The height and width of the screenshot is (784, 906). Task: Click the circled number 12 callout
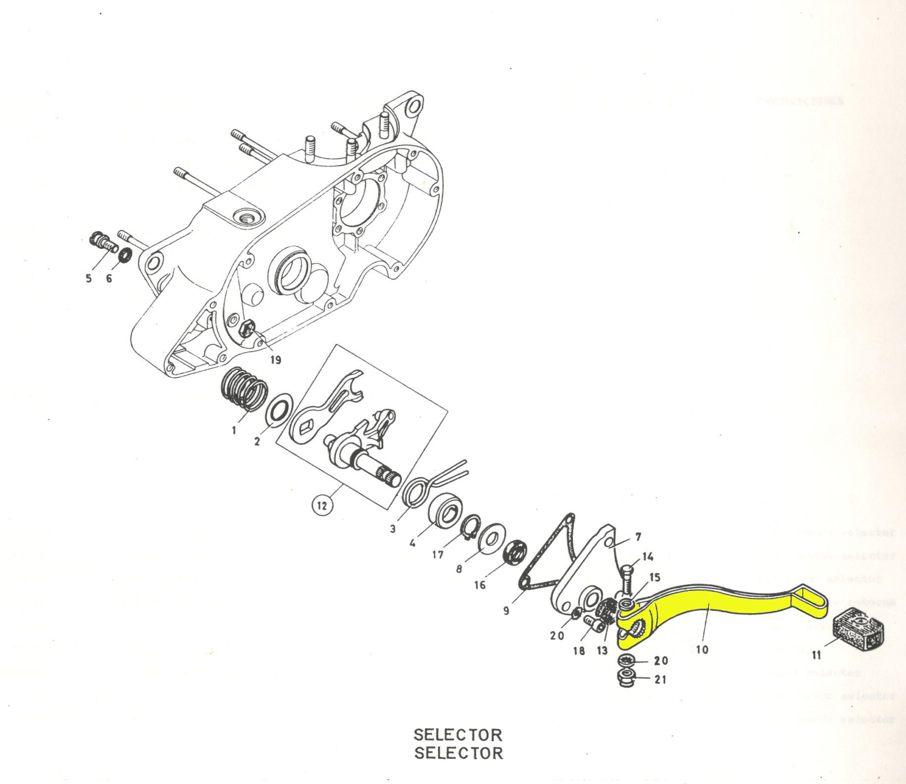point(322,505)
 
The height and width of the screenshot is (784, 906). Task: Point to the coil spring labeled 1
point(245,390)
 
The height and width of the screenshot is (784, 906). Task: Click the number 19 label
point(276,360)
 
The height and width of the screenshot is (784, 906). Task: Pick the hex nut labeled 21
point(627,677)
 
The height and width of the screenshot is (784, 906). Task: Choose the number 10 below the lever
point(702,649)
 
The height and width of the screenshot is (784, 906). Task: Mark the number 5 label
point(88,279)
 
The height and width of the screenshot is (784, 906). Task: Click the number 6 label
point(109,279)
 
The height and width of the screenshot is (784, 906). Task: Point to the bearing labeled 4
point(445,509)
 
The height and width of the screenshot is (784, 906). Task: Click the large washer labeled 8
point(492,538)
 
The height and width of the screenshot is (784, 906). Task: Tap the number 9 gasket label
point(506,610)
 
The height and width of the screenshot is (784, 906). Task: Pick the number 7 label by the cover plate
point(638,537)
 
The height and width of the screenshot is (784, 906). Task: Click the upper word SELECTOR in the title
point(458,734)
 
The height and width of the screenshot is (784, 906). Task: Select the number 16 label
point(480,585)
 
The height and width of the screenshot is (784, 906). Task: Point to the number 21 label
point(660,679)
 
